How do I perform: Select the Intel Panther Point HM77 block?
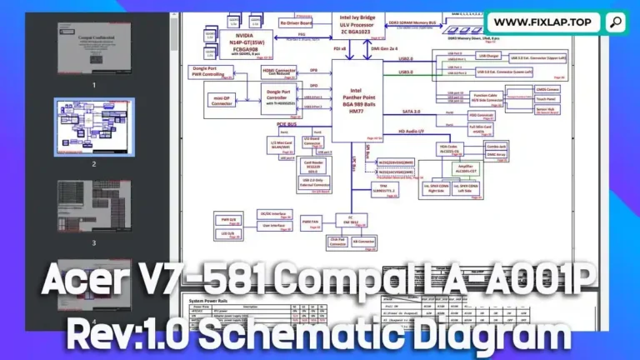pyautogui.click(x=357, y=101)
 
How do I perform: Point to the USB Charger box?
pyautogui.click(x=488, y=57)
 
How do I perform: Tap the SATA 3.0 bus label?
pyautogui.click(x=412, y=111)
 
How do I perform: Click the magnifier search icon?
pyautogui.click(x=615, y=22)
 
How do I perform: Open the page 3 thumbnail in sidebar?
pyautogui.click(x=93, y=207)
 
